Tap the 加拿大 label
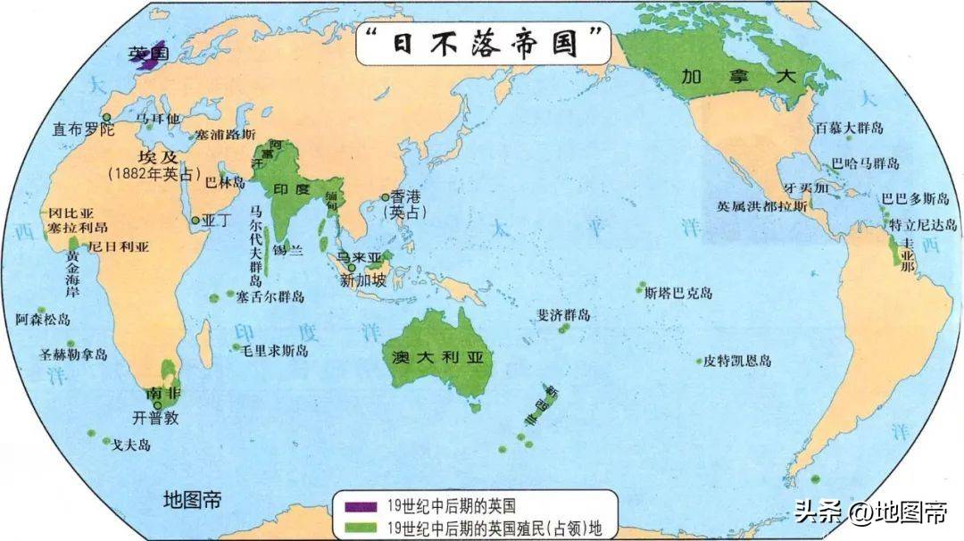726,75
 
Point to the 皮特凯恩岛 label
737,361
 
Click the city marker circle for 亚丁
195,220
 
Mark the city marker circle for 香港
386,197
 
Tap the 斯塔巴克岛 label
678,293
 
